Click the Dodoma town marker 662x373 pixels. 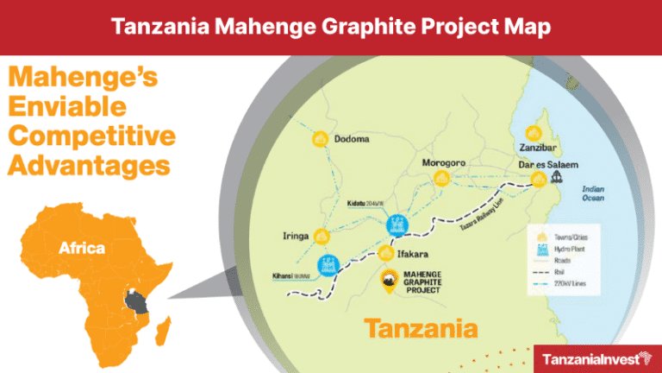pyautogui.click(x=321, y=139)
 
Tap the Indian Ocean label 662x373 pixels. pyautogui.click(x=594, y=194)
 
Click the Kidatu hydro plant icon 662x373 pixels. pyautogui.click(x=397, y=224)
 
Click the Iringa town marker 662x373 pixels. pyautogui.click(x=322, y=236)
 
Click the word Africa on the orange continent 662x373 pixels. pyautogui.click(x=82, y=249)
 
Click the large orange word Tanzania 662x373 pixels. pyautogui.click(x=421, y=327)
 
